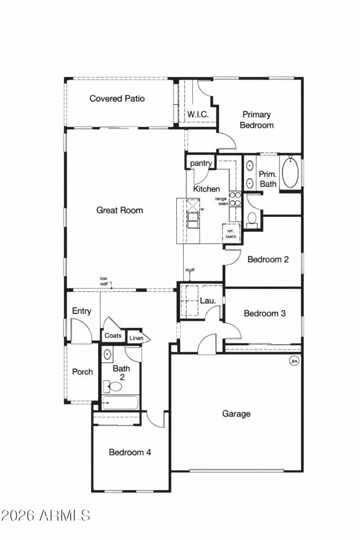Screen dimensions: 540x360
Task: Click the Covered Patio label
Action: [117, 99]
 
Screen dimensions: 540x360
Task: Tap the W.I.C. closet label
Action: [198, 115]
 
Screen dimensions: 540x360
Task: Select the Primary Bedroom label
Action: [256, 120]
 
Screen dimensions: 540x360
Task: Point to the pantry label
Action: [201, 163]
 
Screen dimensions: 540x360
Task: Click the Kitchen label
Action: [207, 189]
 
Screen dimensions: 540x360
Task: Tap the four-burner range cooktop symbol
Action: [235, 199]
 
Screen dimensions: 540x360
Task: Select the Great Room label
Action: [119, 210]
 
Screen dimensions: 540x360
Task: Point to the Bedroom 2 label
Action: [268, 260]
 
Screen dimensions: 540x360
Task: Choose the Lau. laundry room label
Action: [207, 300]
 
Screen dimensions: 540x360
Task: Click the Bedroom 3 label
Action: [265, 314]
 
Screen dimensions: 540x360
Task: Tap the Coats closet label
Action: [113, 336]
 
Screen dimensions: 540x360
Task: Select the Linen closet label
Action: [136, 338]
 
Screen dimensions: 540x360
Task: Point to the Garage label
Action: [236, 414]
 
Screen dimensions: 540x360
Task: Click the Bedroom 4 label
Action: [130, 452]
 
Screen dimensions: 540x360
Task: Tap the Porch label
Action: [83, 372]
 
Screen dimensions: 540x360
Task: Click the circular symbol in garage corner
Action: [295, 360]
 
